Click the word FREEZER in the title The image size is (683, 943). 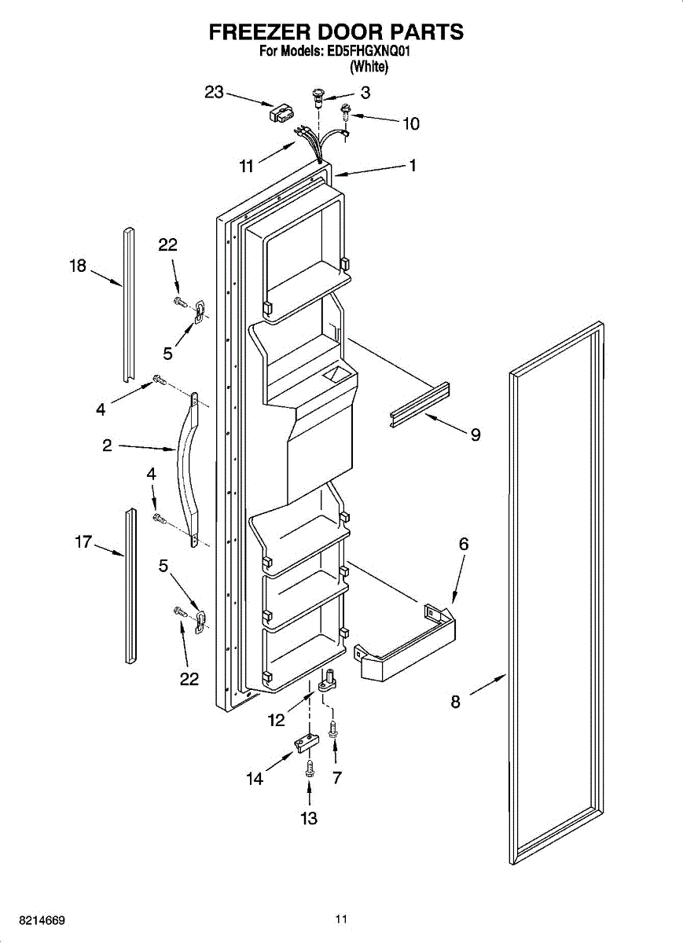256,32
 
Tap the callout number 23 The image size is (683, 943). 215,92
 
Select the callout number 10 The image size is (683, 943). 410,123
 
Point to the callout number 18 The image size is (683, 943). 77,266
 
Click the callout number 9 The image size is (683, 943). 476,434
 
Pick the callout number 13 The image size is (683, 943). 309,818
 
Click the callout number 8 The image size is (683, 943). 456,702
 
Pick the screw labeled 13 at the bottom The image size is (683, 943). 309,767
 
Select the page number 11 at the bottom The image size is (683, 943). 340,919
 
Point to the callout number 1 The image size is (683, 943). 411,165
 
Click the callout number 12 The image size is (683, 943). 277,719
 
